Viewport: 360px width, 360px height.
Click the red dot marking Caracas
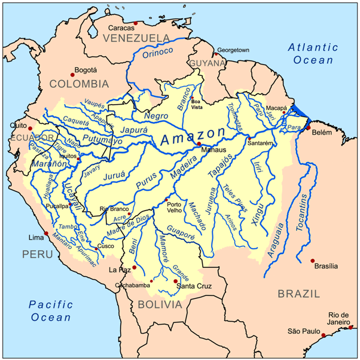click(136, 23)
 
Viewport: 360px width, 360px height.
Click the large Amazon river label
click(193, 137)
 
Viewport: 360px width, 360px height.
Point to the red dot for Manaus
click(199, 144)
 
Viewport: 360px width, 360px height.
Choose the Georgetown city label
click(232, 50)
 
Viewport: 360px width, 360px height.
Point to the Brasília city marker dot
click(312, 260)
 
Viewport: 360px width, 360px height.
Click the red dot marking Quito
click(28, 126)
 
